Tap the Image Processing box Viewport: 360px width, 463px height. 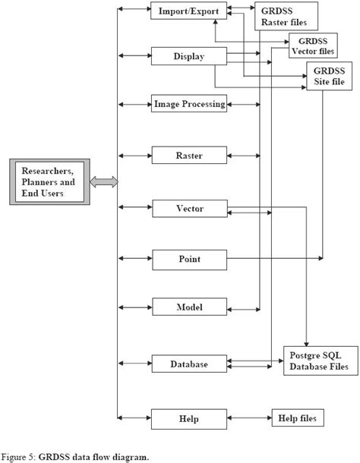tap(189, 104)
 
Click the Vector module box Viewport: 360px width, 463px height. tap(189, 207)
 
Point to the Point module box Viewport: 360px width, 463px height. tap(189, 260)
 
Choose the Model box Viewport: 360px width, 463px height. tap(189, 307)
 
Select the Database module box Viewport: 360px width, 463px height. tap(189, 364)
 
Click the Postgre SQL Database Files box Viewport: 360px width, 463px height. tap(319, 360)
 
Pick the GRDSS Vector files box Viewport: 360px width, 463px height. tap(313, 46)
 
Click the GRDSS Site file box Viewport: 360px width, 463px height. tap(328, 77)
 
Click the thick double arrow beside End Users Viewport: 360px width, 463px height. tap(103, 182)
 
